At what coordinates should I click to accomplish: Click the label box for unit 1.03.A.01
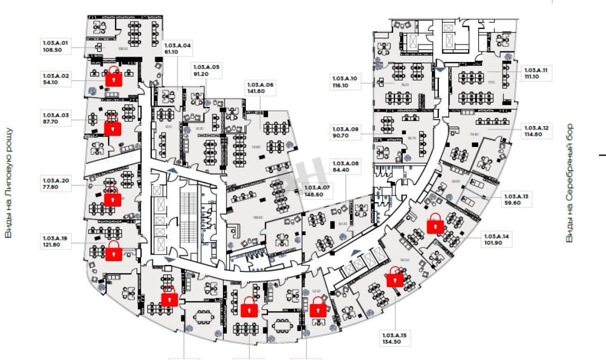tap(56, 46)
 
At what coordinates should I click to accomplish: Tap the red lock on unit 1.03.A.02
tap(114, 78)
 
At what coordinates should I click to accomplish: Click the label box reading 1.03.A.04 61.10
tap(178, 49)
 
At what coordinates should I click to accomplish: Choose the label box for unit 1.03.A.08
tap(346, 167)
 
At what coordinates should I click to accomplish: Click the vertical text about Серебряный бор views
tap(570, 183)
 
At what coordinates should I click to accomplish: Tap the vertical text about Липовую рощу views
tap(8, 183)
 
